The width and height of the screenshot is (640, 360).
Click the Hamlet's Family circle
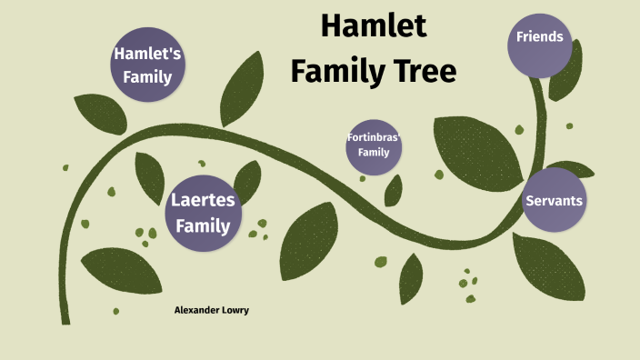pos(147,65)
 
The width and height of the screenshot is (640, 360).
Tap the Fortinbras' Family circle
pos(374,145)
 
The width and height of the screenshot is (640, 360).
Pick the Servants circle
pos(554,200)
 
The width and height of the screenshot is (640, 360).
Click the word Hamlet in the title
pos(374,26)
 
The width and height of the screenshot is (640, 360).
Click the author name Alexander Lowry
pos(211,310)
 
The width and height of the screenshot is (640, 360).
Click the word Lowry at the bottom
pos(234,310)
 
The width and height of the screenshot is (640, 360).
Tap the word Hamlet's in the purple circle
pos(147,54)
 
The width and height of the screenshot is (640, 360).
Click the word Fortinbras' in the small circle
pos(374,138)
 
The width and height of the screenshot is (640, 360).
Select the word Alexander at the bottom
pos(195,310)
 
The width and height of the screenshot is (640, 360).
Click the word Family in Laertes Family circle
pos(203,225)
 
